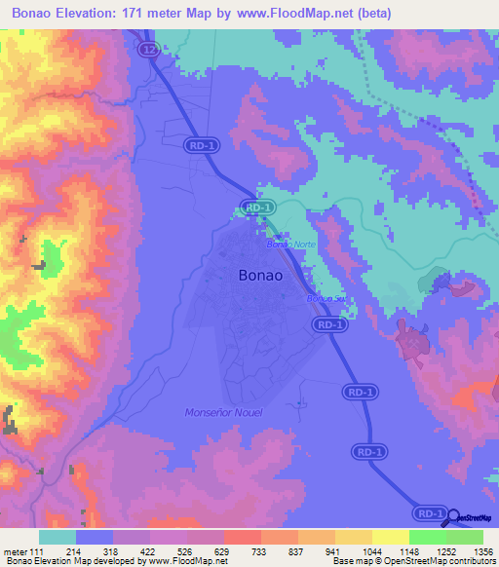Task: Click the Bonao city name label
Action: click(261, 276)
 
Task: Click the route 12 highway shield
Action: click(148, 49)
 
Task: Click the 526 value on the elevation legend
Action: click(182, 551)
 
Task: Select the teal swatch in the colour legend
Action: click(58, 537)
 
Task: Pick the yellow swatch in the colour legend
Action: click(391, 537)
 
